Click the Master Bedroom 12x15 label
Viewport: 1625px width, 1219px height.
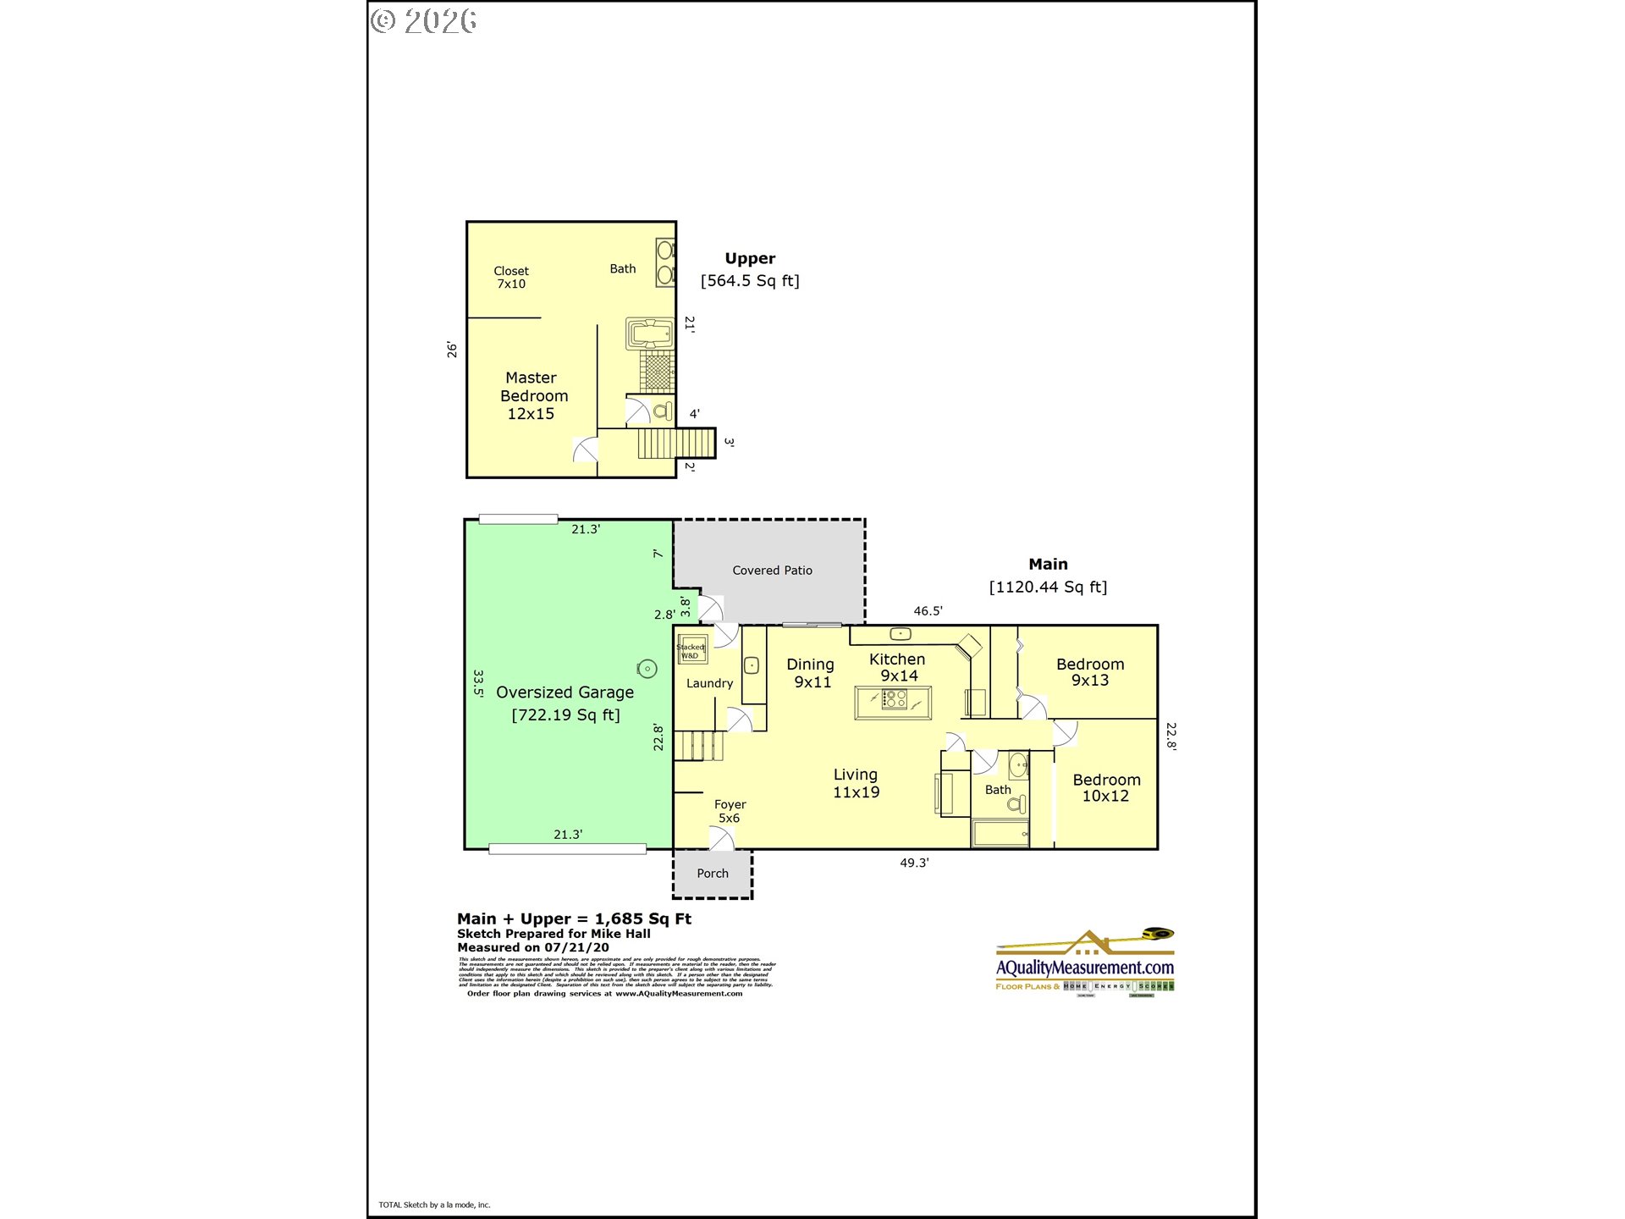click(x=533, y=395)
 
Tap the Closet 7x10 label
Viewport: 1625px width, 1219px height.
click(x=511, y=277)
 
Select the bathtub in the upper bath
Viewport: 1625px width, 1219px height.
click(x=650, y=334)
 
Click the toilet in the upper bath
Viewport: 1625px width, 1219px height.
click(x=663, y=411)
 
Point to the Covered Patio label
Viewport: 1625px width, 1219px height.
click(x=772, y=571)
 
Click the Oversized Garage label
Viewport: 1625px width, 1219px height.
click(x=565, y=692)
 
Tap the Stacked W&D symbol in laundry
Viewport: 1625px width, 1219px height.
click(x=691, y=650)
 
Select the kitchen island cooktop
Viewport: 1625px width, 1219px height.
click(x=894, y=699)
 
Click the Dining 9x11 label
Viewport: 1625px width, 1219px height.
click(x=811, y=673)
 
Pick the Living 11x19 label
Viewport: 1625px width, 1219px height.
click(x=856, y=783)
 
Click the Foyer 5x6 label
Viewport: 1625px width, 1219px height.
click(x=730, y=811)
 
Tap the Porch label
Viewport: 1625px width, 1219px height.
click(x=713, y=874)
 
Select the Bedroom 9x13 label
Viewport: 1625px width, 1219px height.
click(x=1090, y=672)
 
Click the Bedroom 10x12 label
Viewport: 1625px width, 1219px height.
click(x=1106, y=787)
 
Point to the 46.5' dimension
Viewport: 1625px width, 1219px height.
click(x=928, y=611)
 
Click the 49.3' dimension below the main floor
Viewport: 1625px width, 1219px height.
click(x=914, y=863)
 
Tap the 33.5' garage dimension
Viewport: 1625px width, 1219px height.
click(x=478, y=683)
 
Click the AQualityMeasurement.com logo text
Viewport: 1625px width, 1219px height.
click(x=1084, y=968)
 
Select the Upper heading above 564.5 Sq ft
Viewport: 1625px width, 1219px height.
click(x=750, y=258)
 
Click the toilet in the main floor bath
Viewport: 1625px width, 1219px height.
click(x=1017, y=804)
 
